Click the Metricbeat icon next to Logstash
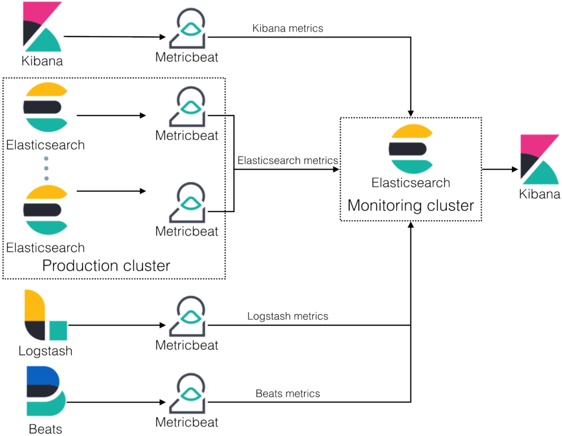coord(187,317)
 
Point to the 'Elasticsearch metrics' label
coord(287,160)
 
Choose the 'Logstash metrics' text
coord(287,316)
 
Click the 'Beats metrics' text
coord(287,393)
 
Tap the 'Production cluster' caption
coord(106,265)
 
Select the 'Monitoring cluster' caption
coord(410,205)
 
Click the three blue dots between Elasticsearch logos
coord(46,168)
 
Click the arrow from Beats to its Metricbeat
coord(113,403)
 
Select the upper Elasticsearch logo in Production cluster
coord(45,108)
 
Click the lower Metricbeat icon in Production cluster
coord(187,202)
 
